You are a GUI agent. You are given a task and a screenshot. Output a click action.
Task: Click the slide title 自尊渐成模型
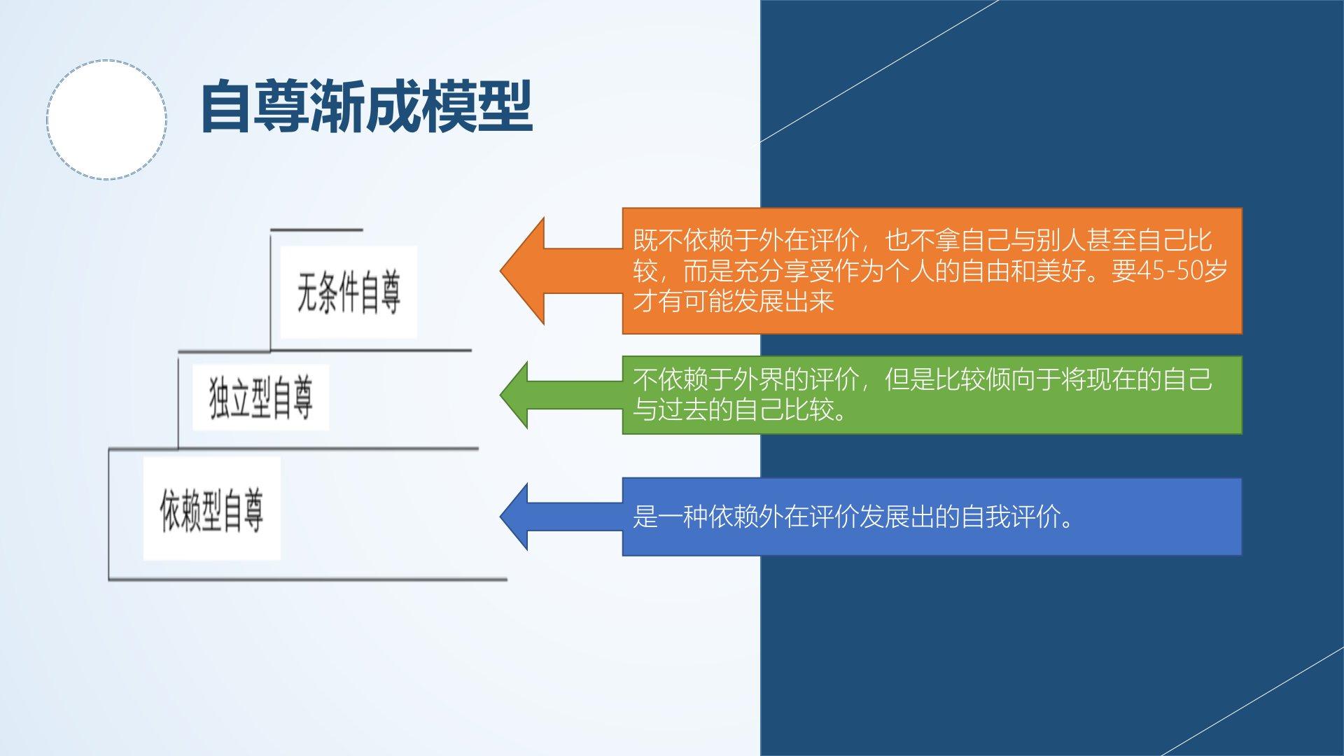(x=367, y=106)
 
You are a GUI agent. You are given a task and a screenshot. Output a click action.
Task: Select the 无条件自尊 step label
(x=349, y=293)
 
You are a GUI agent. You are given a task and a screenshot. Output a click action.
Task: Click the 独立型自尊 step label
(x=260, y=398)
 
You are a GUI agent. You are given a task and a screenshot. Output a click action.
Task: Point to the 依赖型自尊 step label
(x=211, y=510)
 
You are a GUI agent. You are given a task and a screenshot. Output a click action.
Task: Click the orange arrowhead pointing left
(x=522, y=271)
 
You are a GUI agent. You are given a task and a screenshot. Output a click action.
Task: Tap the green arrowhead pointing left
(x=514, y=395)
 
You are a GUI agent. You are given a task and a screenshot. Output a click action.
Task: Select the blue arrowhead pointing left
(x=514, y=517)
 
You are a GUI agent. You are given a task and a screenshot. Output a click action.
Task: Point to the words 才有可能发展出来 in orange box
(x=734, y=301)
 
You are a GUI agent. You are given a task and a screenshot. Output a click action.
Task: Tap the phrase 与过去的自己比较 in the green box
(x=734, y=409)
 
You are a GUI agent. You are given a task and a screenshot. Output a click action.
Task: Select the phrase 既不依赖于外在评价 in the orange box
(x=746, y=240)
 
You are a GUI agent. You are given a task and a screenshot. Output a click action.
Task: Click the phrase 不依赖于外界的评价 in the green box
(x=746, y=379)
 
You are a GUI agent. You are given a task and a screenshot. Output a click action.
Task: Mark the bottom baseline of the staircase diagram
(x=308, y=580)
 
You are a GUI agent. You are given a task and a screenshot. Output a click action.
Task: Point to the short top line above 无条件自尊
(x=316, y=229)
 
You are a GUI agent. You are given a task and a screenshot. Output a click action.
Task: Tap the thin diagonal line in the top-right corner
(x=879, y=71)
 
